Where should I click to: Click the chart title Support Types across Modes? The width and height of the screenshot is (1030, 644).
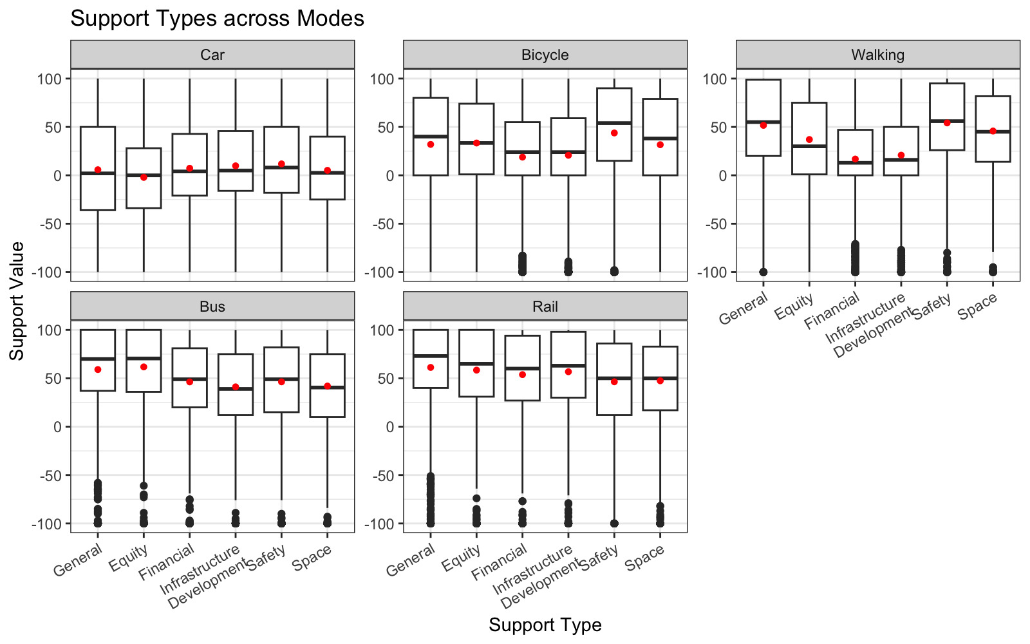tap(217, 18)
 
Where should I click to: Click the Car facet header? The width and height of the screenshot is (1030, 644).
tap(212, 55)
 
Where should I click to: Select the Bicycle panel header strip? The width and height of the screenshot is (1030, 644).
tap(545, 55)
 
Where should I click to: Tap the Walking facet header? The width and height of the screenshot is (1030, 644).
tap(877, 55)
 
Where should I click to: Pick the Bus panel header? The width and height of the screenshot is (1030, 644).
tap(212, 307)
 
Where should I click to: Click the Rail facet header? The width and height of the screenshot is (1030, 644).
tap(545, 307)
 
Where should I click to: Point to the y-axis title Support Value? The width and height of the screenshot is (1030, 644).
tap(17, 301)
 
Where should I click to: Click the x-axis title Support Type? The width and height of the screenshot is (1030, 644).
tap(545, 625)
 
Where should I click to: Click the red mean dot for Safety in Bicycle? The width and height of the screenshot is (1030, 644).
tap(614, 133)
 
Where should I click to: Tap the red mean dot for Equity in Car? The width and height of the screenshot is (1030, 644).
tap(144, 177)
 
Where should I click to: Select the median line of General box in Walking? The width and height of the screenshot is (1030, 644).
tap(763, 122)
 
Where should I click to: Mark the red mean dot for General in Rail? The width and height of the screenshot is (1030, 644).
tap(431, 367)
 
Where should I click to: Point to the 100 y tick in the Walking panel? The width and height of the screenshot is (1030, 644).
tap(715, 79)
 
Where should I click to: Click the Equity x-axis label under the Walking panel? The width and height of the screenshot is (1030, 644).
tap(794, 306)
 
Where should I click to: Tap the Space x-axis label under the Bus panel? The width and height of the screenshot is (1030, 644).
tap(312, 558)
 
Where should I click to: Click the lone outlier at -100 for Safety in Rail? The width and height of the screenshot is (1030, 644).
tap(614, 524)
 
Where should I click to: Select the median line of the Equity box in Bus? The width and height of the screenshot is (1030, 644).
tap(144, 358)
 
